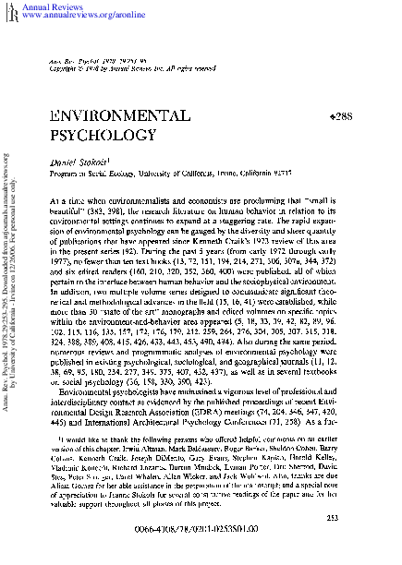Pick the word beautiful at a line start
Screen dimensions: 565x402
click(x=65, y=211)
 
